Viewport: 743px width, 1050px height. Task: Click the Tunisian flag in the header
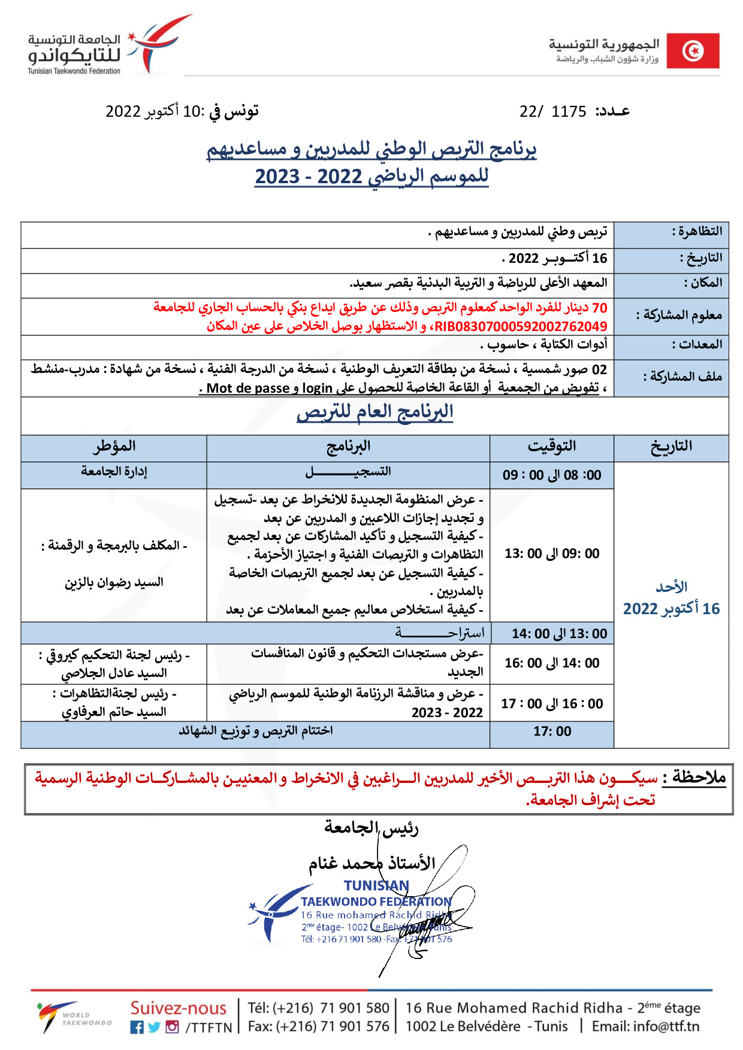693,51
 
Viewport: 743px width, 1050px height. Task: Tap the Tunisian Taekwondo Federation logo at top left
108,48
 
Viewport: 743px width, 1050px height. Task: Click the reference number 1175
569,112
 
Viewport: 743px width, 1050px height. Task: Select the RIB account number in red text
521,327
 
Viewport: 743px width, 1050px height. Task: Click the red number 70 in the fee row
599,308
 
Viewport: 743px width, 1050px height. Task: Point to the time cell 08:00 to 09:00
551,475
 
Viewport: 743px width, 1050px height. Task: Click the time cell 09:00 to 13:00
551,554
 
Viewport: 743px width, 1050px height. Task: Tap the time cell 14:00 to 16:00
551,663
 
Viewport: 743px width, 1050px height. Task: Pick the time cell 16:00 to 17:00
551,704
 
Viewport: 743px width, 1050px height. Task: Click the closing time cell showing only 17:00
552,732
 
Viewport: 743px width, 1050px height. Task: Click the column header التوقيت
551,447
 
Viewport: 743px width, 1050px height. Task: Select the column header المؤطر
114,447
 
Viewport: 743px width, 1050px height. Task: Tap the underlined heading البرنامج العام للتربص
374,412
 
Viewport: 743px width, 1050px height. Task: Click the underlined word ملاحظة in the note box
698,778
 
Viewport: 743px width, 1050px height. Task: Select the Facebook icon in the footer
137,1027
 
